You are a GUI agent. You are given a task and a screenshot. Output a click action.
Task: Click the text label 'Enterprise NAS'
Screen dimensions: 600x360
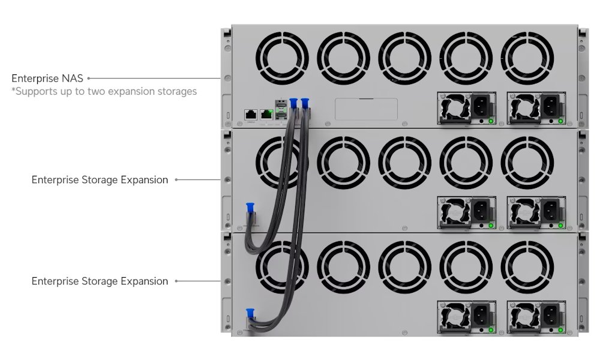click(47, 79)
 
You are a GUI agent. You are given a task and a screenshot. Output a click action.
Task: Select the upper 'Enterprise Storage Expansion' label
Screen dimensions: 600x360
click(100, 180)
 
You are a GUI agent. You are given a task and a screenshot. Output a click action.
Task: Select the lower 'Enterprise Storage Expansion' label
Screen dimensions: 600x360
click(100, 281)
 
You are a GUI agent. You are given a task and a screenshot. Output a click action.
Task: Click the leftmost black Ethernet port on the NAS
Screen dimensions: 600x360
click(251, 115)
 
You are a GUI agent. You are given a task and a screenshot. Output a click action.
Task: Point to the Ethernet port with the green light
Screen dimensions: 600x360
click(266, 115)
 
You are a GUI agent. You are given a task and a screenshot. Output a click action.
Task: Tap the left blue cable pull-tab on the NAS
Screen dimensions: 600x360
click(293, 103)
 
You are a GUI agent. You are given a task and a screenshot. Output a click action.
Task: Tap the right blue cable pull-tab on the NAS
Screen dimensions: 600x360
click(305, 103)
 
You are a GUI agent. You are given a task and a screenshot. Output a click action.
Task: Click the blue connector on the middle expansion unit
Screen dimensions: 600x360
click(250, 208)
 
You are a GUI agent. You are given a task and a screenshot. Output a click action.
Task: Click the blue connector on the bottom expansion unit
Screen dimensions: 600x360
click(250, 313)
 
